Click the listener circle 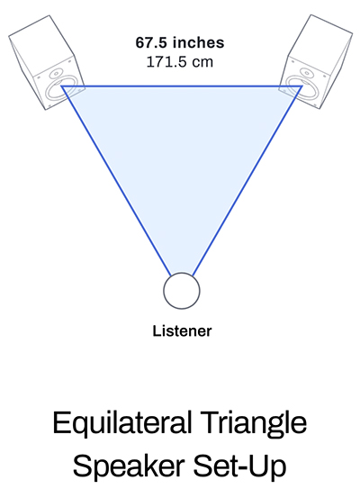(182, 291)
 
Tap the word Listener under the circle (182, 330)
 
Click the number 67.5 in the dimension (151, 42)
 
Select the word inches (198, 42)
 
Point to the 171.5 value (166, 61)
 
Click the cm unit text (202, 62)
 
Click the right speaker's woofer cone (301, 90)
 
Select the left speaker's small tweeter (56, 73)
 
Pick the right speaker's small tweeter (306, 72)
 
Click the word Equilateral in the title (122, 423)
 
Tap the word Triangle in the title (254, 423)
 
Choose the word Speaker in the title (129, 466)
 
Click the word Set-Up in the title (240, 466)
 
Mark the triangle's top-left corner (62, 86)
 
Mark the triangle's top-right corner (301, 86)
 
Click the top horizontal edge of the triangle (182, 86)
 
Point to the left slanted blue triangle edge (117, 181)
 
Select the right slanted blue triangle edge (247, 181)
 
